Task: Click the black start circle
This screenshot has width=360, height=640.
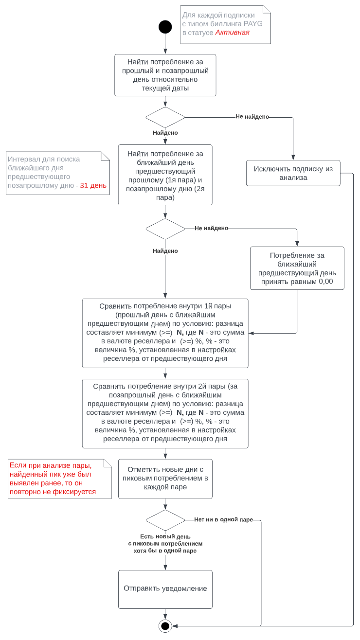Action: pyautogui.click(x=165, y=27)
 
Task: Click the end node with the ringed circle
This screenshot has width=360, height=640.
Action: pyautogui.click(x=165, y=625)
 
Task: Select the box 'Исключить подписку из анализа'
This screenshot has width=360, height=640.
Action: pyautogui.click(x=293, y=173)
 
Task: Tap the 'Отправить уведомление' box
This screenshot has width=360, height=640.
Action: pyautogui.click(x=165, y=589)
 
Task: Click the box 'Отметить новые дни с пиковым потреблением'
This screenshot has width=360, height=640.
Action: pyautogui.click(x=165, y=479)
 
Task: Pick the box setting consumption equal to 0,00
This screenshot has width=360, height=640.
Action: pyautogui.click(x=297, y=268)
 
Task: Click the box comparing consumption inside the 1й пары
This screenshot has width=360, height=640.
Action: pyautogui.click(x=165, y=333)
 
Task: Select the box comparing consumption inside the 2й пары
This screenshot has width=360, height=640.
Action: pyautogui.click(x=165, y=413)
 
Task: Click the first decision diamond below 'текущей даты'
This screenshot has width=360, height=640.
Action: pyautogui.click(x=165, y=117)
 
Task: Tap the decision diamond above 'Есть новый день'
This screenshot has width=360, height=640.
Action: pyautogui.click(x=165, y=520)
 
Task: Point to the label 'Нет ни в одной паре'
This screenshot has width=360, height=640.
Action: pyautogui.click(x=223, y=519)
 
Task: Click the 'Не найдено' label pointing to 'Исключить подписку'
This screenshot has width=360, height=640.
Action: pyautogui.click(x=252, y=117)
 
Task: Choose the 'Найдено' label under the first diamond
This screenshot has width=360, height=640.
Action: pyautogui.click(x=165, y=133)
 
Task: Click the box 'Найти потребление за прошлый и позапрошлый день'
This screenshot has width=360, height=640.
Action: pyautogui.click(x=165, y=75)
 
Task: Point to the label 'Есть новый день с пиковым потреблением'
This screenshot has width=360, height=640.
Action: pyautogui.click(x=165, y=544)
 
